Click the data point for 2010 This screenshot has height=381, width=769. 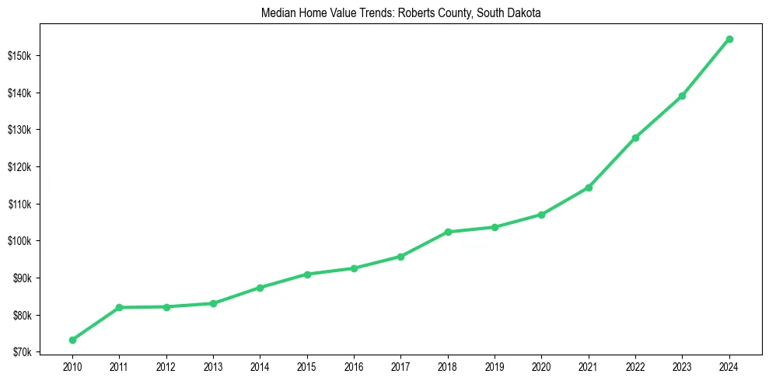coord(72,340)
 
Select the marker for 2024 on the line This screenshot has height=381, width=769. coord(729,39)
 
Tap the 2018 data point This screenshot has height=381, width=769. coord(448,232)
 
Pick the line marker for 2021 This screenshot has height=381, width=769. coord(589,187)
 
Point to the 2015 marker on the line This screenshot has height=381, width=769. coord(307,274)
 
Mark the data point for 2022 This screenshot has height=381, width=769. coord(635,138)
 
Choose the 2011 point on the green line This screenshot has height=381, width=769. coord(119,307)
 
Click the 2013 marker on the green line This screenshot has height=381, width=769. coord(213,303)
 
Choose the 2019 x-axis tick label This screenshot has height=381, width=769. coord(495,365)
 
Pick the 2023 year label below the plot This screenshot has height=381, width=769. coord(683,365)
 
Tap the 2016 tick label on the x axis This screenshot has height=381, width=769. coord(354,365)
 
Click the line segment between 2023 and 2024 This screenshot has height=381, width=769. coord(706,67)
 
